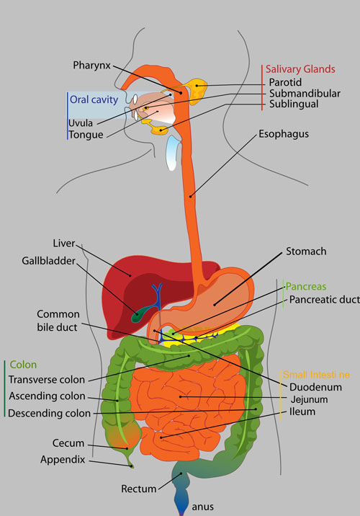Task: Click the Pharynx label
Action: point(91,66)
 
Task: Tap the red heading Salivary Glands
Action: point(300,69)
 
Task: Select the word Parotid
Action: point(285,82)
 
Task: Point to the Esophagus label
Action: point(284,134)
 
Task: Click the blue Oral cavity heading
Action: point(94,99)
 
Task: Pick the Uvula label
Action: point(81,123)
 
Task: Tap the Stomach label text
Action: point(306,252)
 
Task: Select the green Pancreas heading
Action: point(306,287)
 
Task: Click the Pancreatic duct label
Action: point(325,300)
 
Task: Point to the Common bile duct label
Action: point(58,321)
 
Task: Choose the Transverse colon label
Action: point(47,380)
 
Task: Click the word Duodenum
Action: point(315,387)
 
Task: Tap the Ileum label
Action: point(302,412)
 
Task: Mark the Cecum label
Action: point(68,443)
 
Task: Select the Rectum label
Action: point(138,489)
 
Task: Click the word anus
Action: point(202,507)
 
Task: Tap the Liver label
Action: point(64,243)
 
